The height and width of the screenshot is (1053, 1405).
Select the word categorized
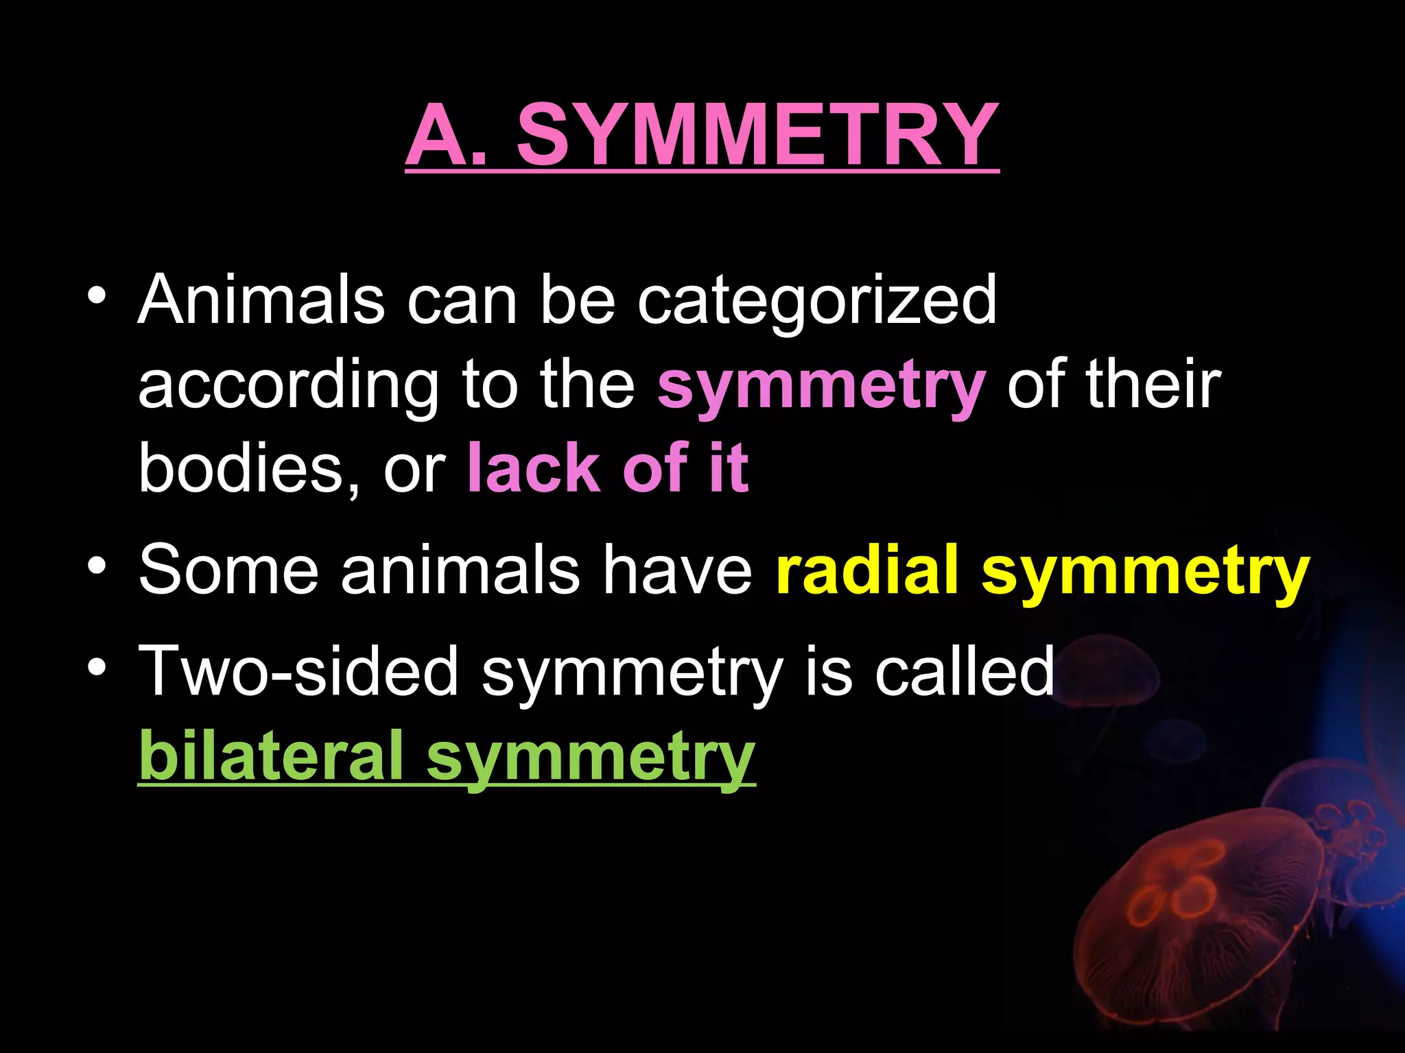click(x=816, y=302)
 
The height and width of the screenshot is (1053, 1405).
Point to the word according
click(x=288, y=386)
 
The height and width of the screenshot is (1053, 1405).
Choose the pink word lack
click(x=533, y=468)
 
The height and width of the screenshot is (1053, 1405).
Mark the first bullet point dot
click(x=97, y=296)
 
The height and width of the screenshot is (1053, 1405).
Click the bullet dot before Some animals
click(x=97, y=566)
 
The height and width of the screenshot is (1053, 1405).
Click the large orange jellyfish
click(x=1194, y=919)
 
